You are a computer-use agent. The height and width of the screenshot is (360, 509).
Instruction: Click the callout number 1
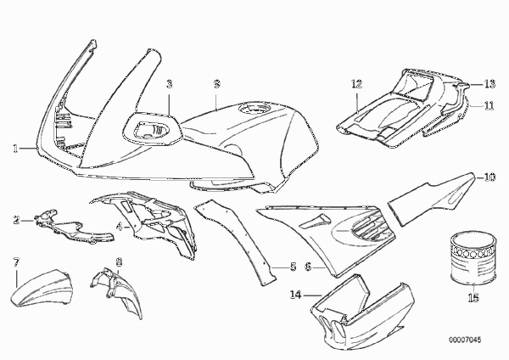pos(15,149)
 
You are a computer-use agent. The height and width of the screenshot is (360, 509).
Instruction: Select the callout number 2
pos(16,220)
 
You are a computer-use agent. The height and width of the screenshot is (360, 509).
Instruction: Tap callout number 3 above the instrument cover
pos(169,84)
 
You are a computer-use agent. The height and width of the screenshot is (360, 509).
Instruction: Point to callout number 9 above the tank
pos(217,84)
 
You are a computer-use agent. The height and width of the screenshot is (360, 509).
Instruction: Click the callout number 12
pos(356,84)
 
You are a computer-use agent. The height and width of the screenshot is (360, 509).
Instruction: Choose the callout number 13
pos(489,84)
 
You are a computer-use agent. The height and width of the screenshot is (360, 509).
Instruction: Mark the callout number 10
pos(489,177)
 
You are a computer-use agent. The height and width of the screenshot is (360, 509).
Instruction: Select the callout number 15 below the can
pos(473,297)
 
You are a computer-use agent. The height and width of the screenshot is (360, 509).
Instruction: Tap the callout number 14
pos(296,295)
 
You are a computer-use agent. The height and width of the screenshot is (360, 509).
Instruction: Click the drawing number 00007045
pos(465,340)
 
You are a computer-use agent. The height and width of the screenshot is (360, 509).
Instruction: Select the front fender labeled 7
pos(41,289)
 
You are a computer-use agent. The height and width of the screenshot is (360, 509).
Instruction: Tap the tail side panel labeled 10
pos(432,199)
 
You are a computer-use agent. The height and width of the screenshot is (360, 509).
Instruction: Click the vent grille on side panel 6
pos(366,227)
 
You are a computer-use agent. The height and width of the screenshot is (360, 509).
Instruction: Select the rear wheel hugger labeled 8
pos(117,290)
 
